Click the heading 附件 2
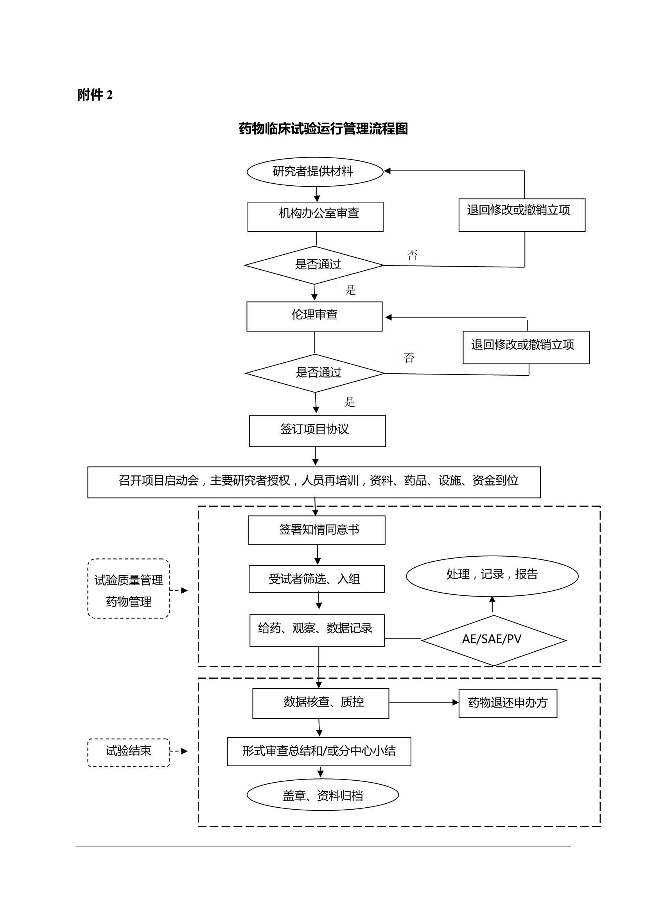95,95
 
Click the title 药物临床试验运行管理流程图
323,129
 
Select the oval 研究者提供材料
315,172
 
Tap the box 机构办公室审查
315,216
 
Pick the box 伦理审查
314,316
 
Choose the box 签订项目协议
317,431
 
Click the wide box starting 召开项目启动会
314,482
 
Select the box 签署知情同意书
317,530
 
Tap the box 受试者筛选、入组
317,579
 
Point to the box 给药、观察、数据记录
317,630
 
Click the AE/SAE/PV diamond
493,640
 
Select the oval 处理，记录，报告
492,575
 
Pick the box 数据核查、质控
321,703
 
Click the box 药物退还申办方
508,703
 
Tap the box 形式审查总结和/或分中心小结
319,751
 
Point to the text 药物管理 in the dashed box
129,602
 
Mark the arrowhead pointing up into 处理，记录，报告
492,600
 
